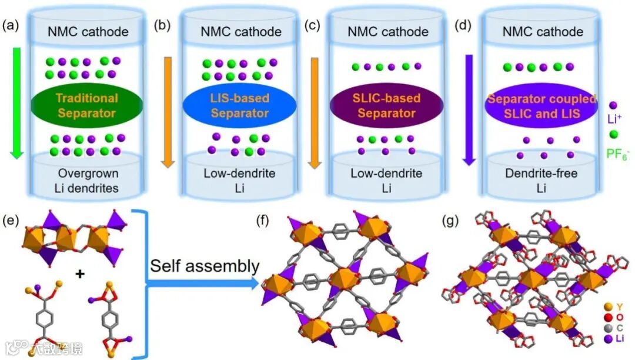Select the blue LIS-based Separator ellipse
pos(231,105)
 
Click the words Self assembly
pos(204,266)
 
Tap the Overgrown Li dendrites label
pos(88,180)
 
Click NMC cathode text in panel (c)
pos(385,31)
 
